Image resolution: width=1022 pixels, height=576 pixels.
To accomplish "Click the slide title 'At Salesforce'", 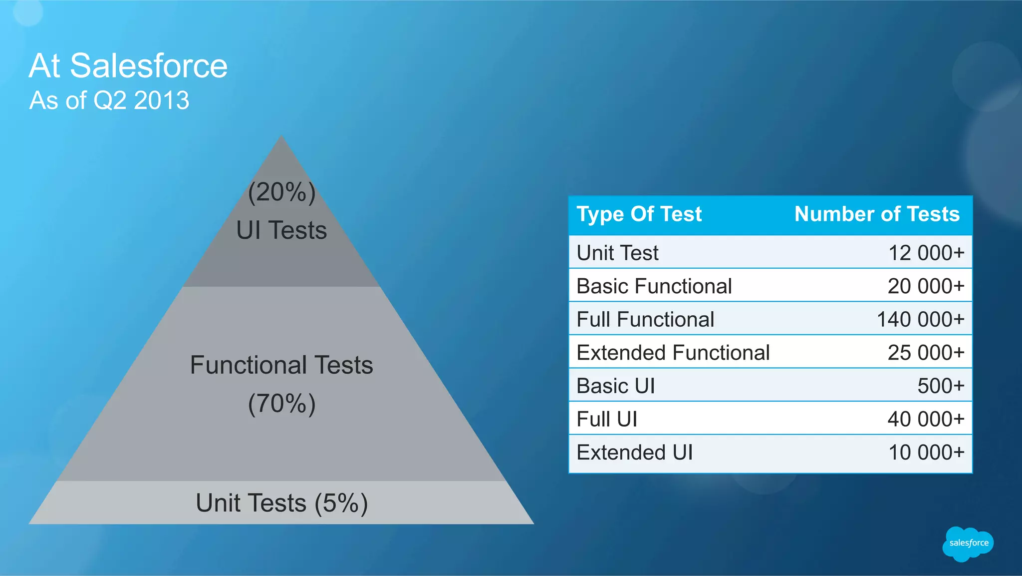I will click(128, 65).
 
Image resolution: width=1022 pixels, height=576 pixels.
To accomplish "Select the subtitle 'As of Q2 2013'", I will click(109, 100).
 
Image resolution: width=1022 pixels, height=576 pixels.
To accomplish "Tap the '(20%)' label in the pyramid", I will click(281, 192).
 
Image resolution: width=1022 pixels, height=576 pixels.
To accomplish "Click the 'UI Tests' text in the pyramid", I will click(281, 230).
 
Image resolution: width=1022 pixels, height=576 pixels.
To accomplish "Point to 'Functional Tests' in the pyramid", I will click(281, 365).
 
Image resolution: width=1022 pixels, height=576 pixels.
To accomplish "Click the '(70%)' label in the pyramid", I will click(281, 404).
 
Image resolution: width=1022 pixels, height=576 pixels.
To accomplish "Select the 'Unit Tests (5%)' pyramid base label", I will click(281, 503).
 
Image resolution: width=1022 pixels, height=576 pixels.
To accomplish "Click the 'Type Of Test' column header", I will click(639, 214).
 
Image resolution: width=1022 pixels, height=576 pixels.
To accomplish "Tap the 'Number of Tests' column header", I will click(877, 214).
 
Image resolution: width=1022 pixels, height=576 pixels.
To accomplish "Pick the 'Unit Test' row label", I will click(617, 253).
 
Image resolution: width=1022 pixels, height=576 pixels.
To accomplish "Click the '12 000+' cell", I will click(926, 253).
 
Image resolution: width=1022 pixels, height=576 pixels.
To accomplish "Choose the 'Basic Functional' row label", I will click(654, 286).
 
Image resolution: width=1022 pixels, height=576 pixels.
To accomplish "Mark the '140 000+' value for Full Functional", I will click(921, 319).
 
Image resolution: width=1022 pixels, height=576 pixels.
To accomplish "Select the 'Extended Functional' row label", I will click(673, 353).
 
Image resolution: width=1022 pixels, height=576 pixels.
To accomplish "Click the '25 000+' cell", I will click(926, 353).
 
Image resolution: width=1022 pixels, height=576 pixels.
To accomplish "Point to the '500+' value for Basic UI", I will click(941, 386).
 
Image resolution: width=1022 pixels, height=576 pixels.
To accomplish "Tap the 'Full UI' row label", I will click(607, 419).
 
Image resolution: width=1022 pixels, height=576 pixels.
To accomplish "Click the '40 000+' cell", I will click(926, 419).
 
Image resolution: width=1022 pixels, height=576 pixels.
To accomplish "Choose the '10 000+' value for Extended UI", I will click(926, 453).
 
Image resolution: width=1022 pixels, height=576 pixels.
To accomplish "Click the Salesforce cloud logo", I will click(968, 544).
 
